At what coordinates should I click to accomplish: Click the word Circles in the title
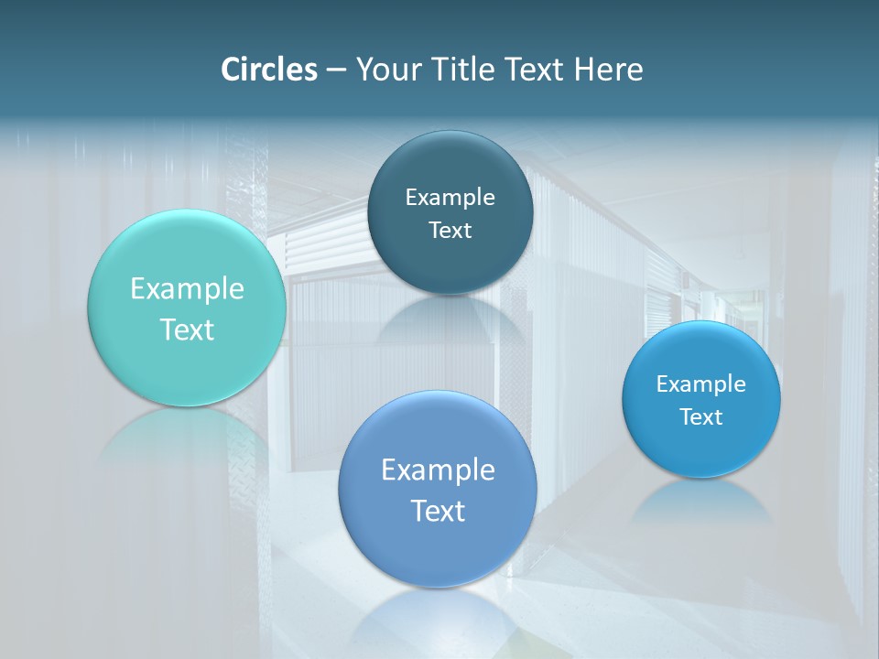click(x=269, y=70)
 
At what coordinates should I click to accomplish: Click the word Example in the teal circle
click(x=187, y=289)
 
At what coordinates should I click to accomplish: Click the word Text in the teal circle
click(x=187, y=329)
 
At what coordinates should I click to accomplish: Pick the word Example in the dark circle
click(x=450, y=197)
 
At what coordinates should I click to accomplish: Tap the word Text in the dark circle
click(x=450, y=230)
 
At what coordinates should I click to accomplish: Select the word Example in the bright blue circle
click(x=701, y=384)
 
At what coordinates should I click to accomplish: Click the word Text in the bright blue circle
click(x=701, y=416)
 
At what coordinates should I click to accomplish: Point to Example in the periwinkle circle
click(x=438, y=470)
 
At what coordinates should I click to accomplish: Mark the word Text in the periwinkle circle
click(x=438, y=510)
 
